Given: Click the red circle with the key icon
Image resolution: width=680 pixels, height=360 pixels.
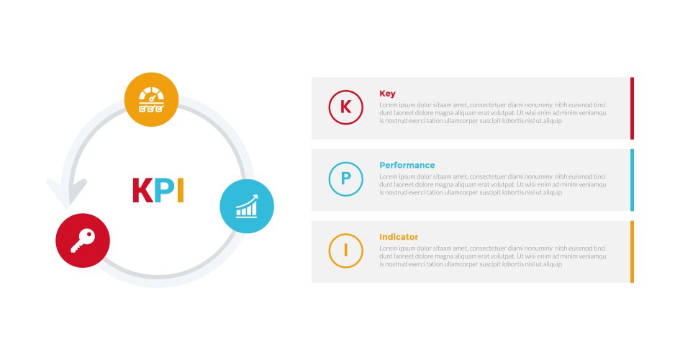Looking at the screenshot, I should coord(83,240).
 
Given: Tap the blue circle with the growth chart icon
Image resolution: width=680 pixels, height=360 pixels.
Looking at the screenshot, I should coord(246,206).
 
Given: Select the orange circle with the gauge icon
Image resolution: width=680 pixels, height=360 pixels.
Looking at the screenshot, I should coord(151,99).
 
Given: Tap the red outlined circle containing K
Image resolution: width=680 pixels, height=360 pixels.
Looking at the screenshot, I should coord(345,107).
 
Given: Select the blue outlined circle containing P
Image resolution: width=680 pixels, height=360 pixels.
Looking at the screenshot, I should coord(345,179).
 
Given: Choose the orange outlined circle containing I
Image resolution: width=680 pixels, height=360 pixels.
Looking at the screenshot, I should coord(345,251).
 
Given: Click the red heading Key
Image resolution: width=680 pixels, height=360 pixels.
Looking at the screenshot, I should coord(387,94).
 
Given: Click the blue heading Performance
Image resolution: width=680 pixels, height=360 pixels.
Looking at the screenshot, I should coord(407,165).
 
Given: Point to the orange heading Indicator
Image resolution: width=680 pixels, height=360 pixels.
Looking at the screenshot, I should coord(399,237).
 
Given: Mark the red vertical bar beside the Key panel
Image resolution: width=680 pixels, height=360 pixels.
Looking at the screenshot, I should coord(632,108).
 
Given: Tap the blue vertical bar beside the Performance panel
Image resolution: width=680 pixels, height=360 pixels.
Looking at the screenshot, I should coord(632,180).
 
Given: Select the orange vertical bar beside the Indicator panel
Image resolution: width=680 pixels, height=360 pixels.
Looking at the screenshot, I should coord(632,251).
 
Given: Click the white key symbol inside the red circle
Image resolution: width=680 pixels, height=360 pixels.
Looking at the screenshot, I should coord(82,242).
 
